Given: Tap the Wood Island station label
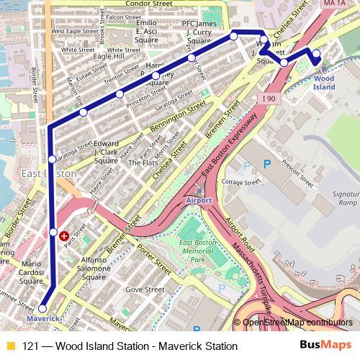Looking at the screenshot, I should (x=324, y=82).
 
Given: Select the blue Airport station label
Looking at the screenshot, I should (x=199, y=199).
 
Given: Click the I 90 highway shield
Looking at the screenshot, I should (x=269, y=98).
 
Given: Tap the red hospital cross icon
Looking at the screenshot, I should (x=65, y=235).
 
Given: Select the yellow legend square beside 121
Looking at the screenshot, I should (x=11, y=346).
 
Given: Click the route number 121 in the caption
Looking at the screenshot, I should (x=31, y=346).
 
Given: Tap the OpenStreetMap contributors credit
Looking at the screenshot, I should (x=298, y=322).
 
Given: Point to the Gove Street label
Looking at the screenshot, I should (x=141, y=289).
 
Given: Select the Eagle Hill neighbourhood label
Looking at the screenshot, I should (x=108, y=56).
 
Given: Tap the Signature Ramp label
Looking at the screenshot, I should (x=343, y=199).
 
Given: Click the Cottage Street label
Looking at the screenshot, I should (x=242, y=183).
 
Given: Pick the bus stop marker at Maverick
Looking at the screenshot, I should (x=42, y=308).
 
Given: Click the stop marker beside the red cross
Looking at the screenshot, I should (x=54, y=232).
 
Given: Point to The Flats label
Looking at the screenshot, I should (x=142, y=163).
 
